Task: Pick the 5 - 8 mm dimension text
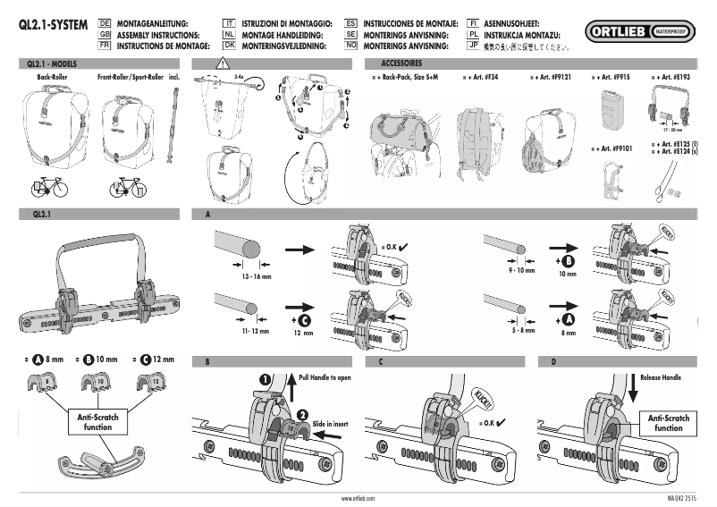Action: click(520, 329)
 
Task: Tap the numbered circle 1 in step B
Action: click(266, 379)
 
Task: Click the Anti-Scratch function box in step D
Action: click(668, 423)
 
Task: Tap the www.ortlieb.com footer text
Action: click(358, 497)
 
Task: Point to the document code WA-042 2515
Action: click(684, 497)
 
